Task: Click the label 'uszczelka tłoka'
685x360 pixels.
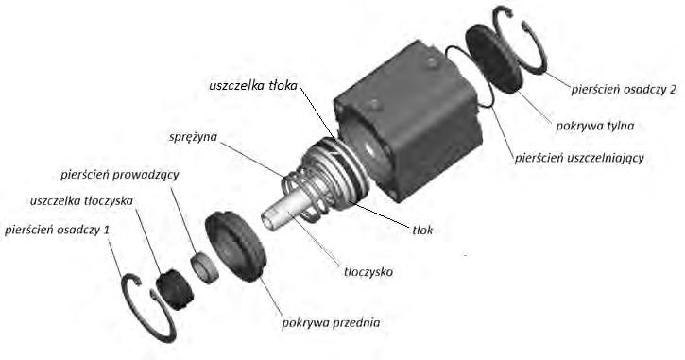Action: click(253, 85)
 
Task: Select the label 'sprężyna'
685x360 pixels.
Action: click(193, 137)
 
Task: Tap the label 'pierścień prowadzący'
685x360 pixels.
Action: click(120, 175)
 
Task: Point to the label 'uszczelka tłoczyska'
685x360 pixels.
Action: click(81, 201)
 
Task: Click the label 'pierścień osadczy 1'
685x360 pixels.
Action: click(57, 230)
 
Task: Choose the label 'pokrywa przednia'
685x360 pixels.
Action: click(331, 323)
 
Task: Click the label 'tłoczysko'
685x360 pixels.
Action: click(368, 272)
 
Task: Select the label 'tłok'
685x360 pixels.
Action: click(422, 230)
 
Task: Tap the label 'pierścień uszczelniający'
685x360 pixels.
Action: click(579, 158)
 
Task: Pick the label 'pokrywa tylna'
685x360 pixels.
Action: click(594, 127)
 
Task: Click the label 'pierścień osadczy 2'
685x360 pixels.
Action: click(624, 90)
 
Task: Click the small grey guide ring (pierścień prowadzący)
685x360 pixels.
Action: click(204, 267)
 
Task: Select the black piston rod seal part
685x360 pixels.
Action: click(175, 289)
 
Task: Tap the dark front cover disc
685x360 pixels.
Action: click(235, 246)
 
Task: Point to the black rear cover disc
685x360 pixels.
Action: click(494, 59)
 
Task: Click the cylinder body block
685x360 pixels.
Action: click(408, 121)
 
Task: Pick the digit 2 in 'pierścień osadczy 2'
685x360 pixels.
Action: click(673, 89)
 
